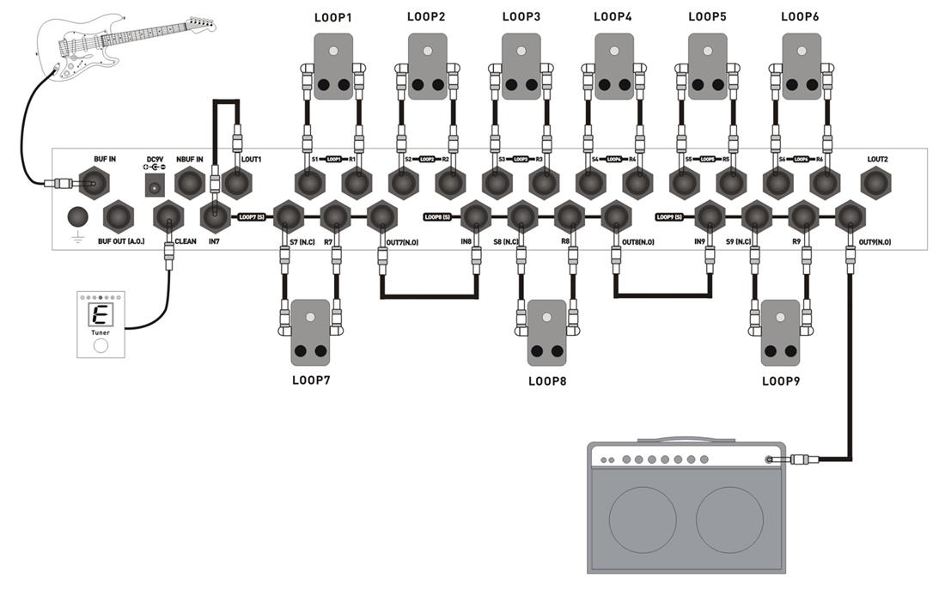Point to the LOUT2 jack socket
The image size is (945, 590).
[876, 183]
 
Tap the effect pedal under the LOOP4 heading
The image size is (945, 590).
[614, 67]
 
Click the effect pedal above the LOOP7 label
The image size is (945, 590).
[310, 331]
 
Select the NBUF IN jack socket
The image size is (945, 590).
[190, 183]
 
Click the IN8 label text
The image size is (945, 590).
[466, 242]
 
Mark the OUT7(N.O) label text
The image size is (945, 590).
[391, 242]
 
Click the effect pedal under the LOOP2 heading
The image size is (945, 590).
[427, 67]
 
